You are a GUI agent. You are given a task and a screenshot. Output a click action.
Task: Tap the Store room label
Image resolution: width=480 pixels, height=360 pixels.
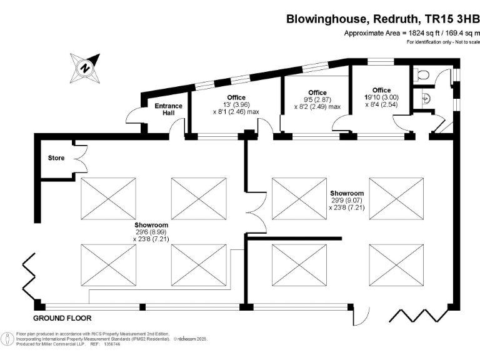[x=56, y=158]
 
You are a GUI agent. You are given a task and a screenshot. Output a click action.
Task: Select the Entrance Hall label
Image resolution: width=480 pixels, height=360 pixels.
[x=168, y=109]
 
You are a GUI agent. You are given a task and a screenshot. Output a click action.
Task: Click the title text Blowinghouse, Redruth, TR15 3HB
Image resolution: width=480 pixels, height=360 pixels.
[x=382, y=19]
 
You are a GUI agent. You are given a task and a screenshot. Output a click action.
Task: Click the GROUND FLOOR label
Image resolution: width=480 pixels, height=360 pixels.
[x=63, y=317]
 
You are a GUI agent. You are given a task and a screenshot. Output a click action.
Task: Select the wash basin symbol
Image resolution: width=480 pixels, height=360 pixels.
[x=426, y=98]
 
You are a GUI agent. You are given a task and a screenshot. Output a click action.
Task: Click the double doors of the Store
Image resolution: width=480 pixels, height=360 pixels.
[x=79, y=159]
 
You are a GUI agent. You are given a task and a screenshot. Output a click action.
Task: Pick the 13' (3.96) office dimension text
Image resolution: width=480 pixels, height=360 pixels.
[x=236, y=104]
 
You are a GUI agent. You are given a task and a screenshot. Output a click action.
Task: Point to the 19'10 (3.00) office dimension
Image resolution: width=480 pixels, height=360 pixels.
[x=381, y=97]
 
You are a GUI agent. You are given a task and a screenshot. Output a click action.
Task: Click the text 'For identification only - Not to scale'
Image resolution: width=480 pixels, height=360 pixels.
[x=443, y=42]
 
